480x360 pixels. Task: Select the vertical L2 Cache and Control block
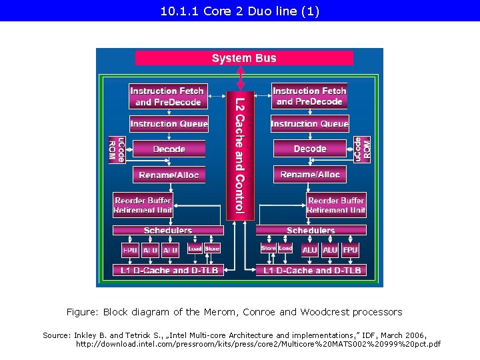(x=240, y=155)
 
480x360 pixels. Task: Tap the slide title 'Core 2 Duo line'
(x=240, y=11)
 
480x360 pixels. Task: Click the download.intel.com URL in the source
(x=258, y=344)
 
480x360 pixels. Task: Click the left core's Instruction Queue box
(x=169, y=123)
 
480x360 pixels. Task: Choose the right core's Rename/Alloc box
(x=310, y=175)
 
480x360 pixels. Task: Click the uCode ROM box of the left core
(x=117, y=149)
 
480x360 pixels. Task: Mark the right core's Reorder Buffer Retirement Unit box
(x=337, y=205)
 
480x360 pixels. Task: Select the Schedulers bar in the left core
(x=168, y=231)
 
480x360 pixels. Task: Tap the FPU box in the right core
(x=350, y=250)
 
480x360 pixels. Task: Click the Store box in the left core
(x=212, y=249)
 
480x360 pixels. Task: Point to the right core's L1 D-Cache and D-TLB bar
(x=312, y=270)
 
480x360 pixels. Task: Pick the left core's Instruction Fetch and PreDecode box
(x=167, y=96)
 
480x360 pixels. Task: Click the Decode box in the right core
(x=310, y=149)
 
